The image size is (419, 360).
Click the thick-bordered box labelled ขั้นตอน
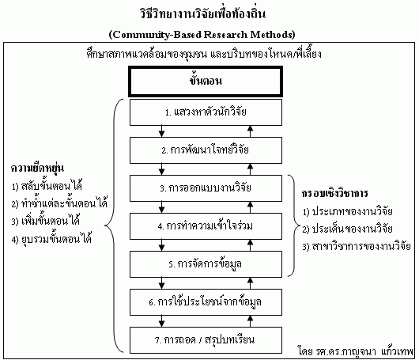tap(206, 81)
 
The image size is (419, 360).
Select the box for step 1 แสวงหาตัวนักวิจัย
tap(206, 112)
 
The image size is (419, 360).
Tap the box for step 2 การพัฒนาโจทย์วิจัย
tap(206, 150)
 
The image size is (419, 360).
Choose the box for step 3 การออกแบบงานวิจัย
tap(206, 188)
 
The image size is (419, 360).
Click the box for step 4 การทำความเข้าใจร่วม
tap(206, 226)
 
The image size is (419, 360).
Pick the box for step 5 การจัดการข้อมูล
tap(206, 264)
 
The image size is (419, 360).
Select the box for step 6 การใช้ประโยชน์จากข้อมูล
tap(206, 302)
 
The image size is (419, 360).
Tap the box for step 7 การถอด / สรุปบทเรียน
tap(206, 340)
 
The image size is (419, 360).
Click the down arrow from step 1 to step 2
tap(161, 131)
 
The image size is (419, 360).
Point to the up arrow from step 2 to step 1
tap(250, 131)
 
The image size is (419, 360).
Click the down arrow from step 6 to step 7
tap(161, 321)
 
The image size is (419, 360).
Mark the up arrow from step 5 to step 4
tap(250, 245)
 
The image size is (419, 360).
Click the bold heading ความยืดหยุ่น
tap(37, 169)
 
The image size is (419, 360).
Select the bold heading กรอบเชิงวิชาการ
tap(335, 193)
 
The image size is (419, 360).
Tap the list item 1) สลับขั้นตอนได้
tap(47, 186)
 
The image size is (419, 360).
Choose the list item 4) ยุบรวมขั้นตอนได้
tap(51, 239)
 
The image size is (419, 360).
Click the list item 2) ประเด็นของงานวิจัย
tap(347, 229)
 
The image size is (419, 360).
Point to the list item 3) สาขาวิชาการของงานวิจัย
tap(357, 246)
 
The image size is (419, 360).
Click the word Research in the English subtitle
tap(226, 35)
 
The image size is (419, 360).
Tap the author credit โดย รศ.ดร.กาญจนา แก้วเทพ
tap(356, 351)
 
